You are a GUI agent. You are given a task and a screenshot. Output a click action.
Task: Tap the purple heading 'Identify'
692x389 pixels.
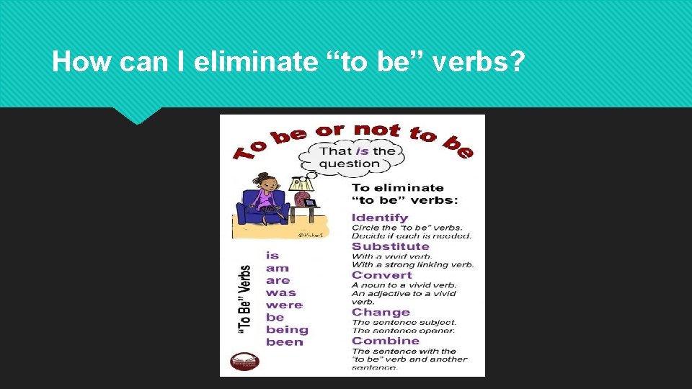tap(379, 218)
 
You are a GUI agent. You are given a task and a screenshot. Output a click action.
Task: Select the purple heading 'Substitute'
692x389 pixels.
tap(390, 246)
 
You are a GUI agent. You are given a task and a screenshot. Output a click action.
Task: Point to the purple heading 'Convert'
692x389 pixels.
tap(381, 275)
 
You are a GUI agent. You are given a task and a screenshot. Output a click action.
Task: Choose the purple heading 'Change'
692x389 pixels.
tap(381, 313)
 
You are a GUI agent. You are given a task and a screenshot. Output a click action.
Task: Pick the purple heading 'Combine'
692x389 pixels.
tap(385, 341)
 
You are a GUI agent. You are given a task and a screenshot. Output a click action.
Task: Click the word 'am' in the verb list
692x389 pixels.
tap(277, 268)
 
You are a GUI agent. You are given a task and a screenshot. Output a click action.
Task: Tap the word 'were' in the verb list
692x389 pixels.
tap(284, 305)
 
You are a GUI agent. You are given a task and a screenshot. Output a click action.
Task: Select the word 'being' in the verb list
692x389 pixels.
tap(287, 330)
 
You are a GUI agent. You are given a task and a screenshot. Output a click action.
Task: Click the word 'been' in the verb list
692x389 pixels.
tap(284, 342)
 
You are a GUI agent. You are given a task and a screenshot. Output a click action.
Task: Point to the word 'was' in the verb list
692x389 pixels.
tap(280, 292)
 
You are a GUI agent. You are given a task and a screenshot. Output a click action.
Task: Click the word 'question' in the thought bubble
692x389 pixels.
tap(350, 164)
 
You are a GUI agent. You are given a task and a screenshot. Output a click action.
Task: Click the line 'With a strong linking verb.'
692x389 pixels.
tap(412, 265)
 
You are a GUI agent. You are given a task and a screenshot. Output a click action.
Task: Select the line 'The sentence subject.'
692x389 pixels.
tap(404, 322)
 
